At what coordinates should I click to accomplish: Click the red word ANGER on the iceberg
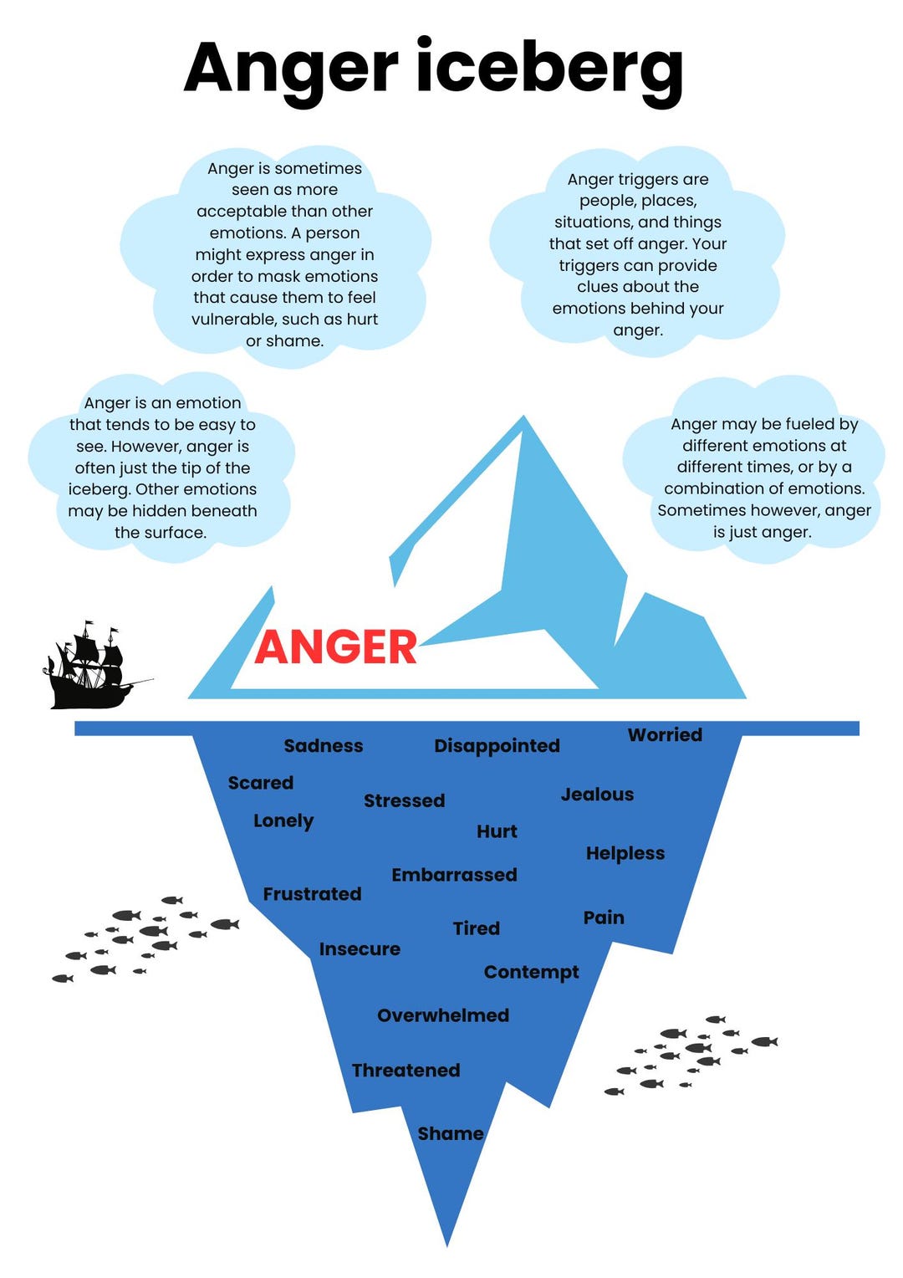click(x=335, y=647)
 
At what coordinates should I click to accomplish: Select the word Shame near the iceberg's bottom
click(x=450, y=1133)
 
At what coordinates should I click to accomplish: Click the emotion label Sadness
click(x=323, y=745)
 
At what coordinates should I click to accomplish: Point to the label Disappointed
click(x=497, y=745)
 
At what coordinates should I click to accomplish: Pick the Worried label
click(x=665, y=734)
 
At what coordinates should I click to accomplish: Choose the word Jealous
click(x=597, y=794)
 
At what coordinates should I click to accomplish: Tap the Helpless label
click(x=625, y=853)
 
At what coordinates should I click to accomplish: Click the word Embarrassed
click(x=454, y=875)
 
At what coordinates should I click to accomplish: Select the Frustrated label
click(x=312, y=894)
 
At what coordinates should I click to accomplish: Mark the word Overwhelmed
click(x=442, y=1015)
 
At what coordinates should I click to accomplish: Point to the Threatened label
click(x=406, y=1071)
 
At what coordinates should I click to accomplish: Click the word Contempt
click(x=531, y=972)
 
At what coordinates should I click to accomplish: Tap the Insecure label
click(x=360, y=949)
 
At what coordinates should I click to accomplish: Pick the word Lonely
click(x=283, y=821)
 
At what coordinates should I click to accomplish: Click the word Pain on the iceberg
click(x=604, y=918)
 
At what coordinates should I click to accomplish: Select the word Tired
click(x=476, y=928)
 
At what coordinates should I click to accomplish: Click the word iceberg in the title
click(x=549, y=69)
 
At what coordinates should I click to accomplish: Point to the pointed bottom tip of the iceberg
click(x=447, y=1241)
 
